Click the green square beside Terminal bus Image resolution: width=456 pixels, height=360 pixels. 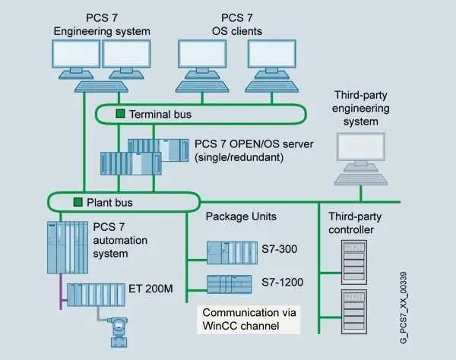pyautogui.click(x=119, y=114)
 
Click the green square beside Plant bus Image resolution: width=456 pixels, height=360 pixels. pyautogui.click(x=77, y=202)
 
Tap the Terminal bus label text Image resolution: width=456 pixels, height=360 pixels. pyautogui.click(x=160, y=114)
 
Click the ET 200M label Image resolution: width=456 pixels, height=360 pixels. pyautogui.click(x=161, y=288)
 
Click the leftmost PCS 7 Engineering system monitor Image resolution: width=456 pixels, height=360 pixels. pyautogui.click(x=75, y=56)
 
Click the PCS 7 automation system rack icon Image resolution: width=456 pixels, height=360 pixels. pyautogui.click(x=68, y=246)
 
